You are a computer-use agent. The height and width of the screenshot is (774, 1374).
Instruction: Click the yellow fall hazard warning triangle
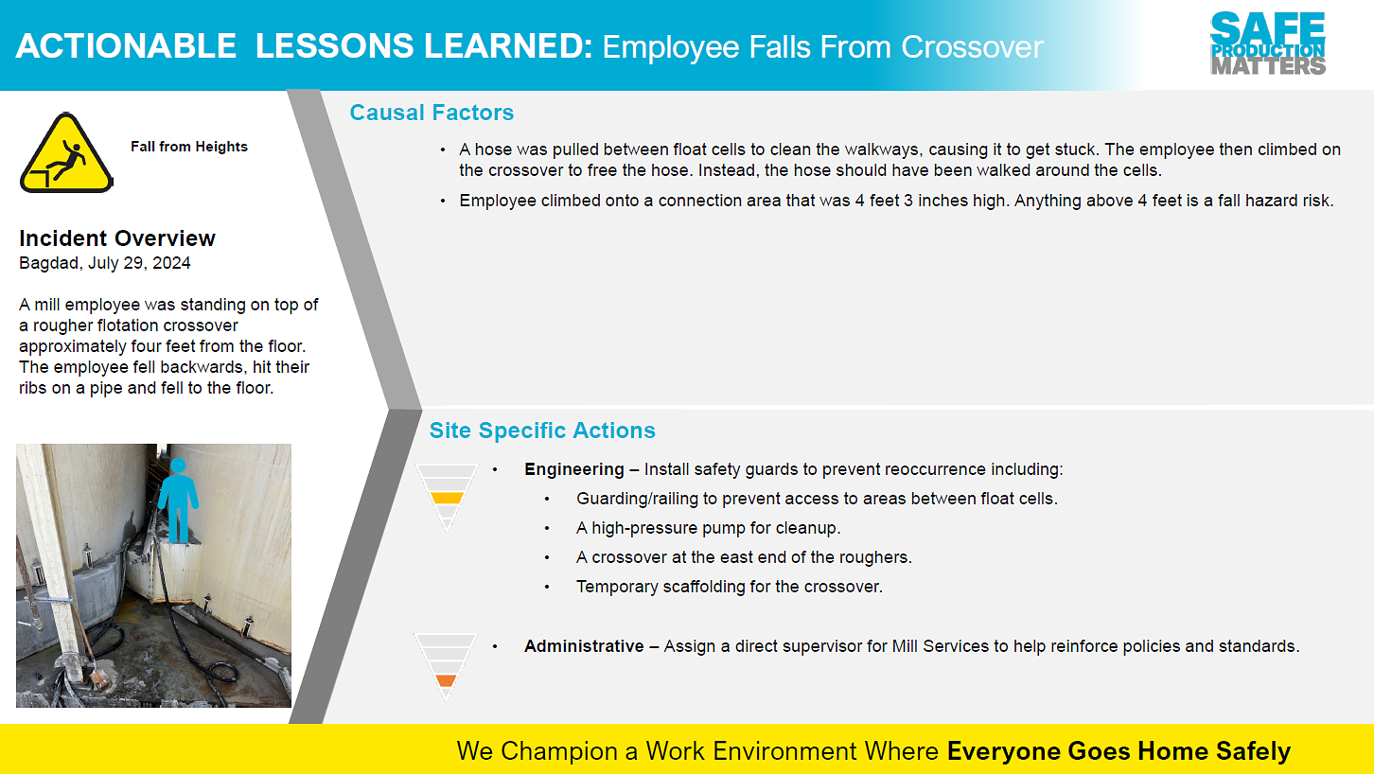[x=66, y=153]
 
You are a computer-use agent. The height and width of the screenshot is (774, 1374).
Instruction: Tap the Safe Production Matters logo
[x=1268, y=44]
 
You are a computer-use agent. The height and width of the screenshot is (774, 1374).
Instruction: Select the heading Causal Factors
[x=432, y=113]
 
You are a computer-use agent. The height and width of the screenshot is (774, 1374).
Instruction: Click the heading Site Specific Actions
[x=542, y=431]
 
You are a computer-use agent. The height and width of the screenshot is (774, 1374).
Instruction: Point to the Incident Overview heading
[x=117, y=237]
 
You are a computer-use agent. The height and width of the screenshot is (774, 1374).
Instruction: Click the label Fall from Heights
[x=189, y=147]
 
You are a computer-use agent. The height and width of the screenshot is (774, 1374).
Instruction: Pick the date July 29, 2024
[x=139, y=263]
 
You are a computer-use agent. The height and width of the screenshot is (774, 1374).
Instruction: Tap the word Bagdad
[x=50, y=263]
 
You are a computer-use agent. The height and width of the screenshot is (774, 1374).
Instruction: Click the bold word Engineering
[x=574, y=469]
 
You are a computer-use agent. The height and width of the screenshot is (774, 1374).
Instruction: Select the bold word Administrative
[x=584, y=646]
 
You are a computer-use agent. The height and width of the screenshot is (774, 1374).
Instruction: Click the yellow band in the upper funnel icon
[x=447, y=498]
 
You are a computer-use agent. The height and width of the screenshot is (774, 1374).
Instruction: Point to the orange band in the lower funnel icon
[x=446, y=680]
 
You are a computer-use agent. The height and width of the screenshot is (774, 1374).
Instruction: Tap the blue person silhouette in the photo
[x=178, y=500]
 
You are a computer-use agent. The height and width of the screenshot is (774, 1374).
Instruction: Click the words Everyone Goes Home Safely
[x=1119, y=750]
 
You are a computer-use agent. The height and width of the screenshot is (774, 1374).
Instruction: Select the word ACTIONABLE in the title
[x=126, y=46]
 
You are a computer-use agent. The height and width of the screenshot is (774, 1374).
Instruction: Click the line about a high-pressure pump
[x=709, y=528]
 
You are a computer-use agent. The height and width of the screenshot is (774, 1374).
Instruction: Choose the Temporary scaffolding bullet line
[x=730, y=587]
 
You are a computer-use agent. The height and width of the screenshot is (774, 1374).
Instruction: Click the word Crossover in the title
[x=972, y=47]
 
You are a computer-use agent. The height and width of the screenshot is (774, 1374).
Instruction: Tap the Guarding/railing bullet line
[x=817, y=499]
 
